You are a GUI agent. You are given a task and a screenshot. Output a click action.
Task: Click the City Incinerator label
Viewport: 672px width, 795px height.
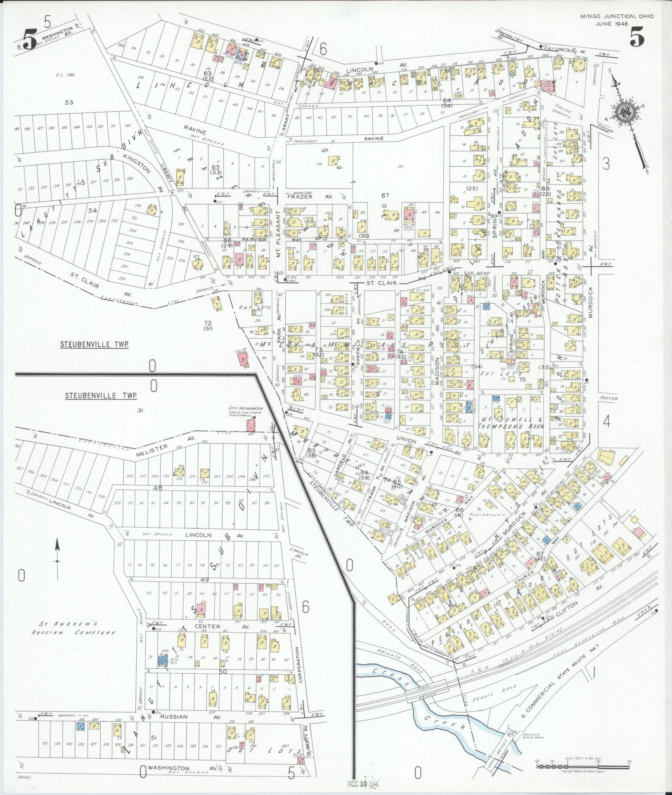(246, 409)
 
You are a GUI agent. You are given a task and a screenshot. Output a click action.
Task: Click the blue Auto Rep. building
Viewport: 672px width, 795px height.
(163, 661)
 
